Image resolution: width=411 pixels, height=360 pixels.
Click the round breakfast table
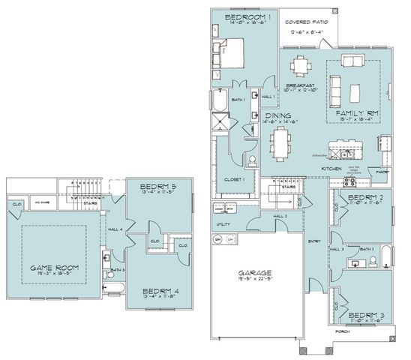pyautogui.click(x=301, y=66)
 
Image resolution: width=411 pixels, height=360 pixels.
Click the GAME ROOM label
pyautogui.click(x=53, y=268)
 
